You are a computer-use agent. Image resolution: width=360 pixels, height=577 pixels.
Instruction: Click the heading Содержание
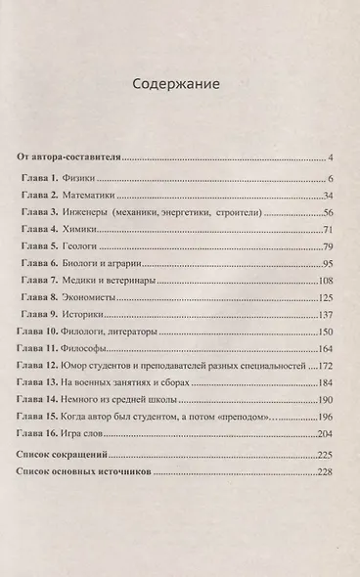179,84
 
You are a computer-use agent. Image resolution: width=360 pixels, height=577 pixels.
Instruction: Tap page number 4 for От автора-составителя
332,156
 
